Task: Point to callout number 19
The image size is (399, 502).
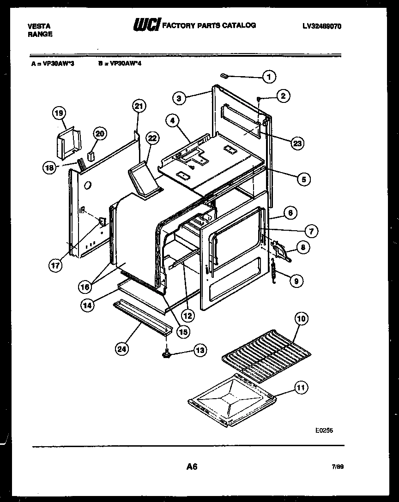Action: [x=59, y=113]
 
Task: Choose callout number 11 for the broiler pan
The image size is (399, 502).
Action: [x=301, y=388]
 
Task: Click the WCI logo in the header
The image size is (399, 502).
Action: [x=146, y=26]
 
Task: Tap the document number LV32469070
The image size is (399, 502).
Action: [x=321, y=26]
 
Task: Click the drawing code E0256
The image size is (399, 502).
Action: [x=324, y=430]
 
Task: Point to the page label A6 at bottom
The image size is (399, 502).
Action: [x=192, y=466]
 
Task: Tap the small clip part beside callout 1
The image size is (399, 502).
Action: [x=224, y=75]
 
